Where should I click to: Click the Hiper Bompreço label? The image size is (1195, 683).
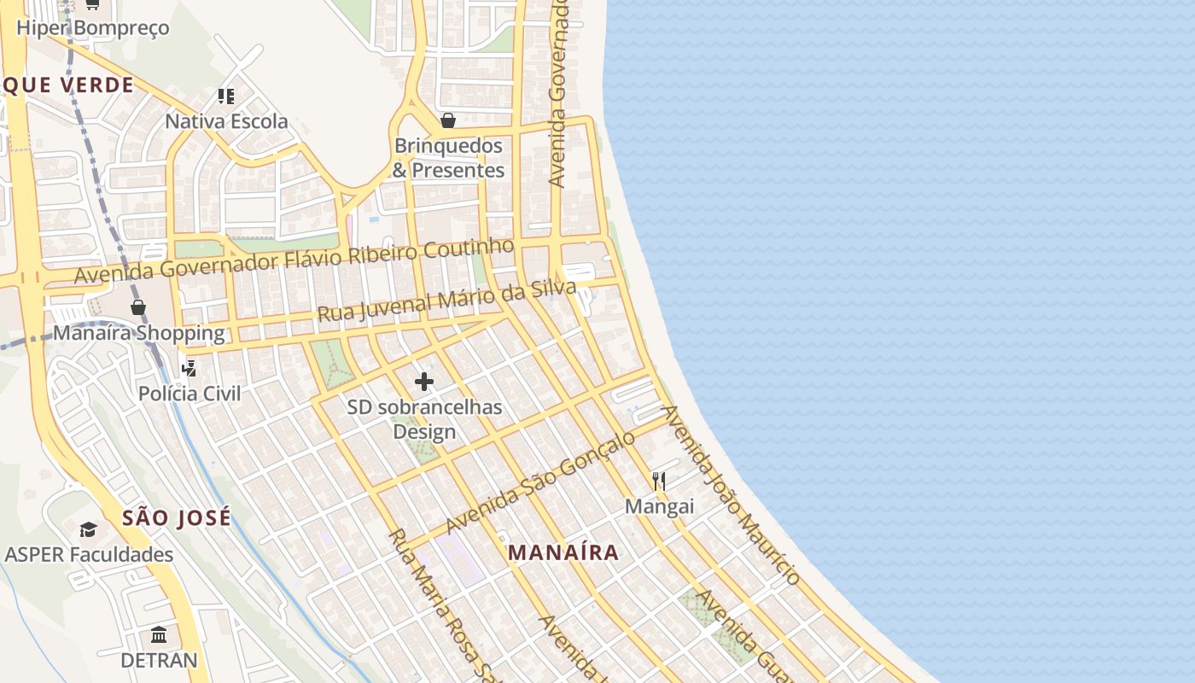coord(93,27)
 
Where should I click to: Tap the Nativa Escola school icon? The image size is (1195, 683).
coord(225,96)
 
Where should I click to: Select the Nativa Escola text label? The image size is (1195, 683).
coord(226,121)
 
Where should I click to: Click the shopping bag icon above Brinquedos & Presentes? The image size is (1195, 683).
coord(448,120)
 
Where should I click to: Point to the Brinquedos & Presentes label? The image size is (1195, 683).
coord(448,158)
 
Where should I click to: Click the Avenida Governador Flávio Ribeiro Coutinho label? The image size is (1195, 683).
coord(294,261)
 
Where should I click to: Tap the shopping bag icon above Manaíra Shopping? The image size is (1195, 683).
coord(138,307)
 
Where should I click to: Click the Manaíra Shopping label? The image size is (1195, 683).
coord(139,333)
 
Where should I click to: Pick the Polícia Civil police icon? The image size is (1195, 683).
coord(189,369)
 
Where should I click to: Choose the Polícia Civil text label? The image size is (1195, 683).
coord(189,394)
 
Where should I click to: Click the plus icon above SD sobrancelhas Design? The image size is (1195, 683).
coord(424,382)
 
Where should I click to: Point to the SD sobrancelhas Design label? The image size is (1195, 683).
coord(424,419)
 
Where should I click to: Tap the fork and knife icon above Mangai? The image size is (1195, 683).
coord(659,482)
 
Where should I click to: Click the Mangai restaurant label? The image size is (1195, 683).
coord(659,506)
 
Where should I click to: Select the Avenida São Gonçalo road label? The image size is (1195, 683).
coord(540,482)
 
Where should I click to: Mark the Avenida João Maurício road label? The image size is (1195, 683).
coord(732,496)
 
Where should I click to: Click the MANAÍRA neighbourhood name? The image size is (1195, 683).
coord(563,552)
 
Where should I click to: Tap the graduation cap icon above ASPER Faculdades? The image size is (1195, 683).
coord(89,530)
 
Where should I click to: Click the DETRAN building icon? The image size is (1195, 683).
coord(159,635)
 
